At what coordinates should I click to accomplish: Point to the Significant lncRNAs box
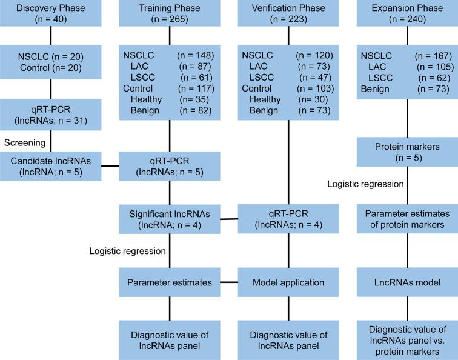170,217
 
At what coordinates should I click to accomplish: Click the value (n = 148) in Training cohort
193,55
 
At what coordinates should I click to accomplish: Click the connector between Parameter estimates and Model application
228,282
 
